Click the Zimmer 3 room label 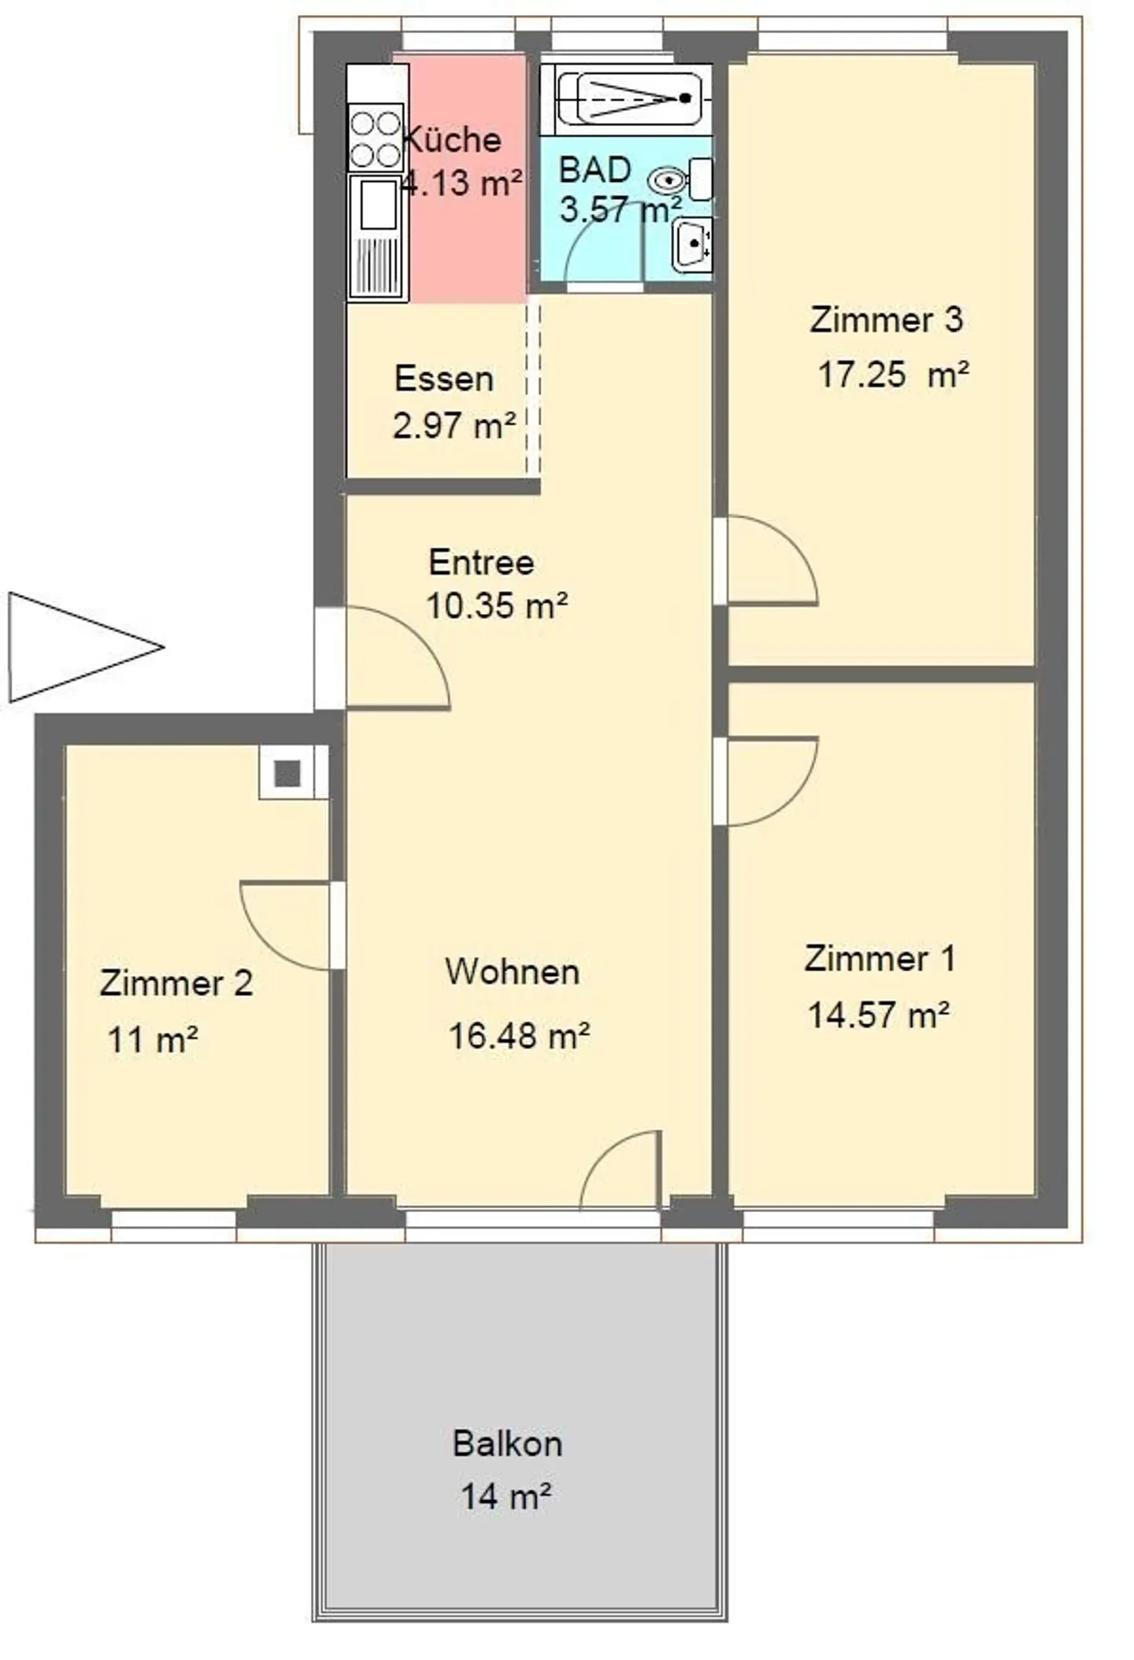(885, 320)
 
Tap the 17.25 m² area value (892, 375)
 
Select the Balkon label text (507, 1444)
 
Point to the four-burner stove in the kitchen (376, 139)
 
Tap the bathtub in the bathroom (630, 98)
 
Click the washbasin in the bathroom (693, 245)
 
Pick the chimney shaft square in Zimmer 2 (287, 774)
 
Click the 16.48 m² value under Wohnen (519, 1036)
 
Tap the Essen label (444, 379)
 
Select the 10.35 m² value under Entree (497, 605)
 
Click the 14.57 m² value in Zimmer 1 (878, 1015)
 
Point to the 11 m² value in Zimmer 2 (152, 1040)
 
